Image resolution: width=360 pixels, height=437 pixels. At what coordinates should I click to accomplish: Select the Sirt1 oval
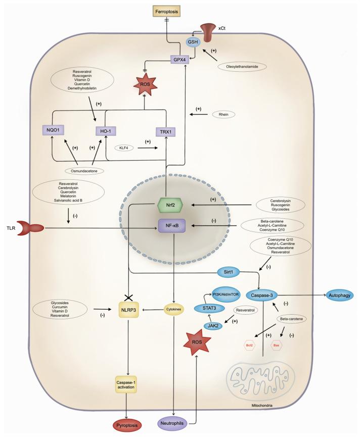pyautogui.click(x=231, y=272)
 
